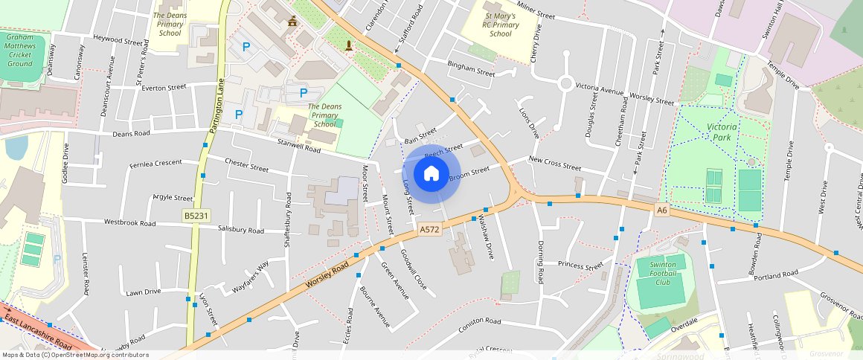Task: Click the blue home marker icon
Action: [431, 174]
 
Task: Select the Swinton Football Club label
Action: [662, 274]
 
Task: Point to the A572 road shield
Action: [429, 230]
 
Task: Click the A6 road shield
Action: [662, 210]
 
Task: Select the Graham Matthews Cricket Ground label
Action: [20, 50]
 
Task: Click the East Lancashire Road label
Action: [37, 332]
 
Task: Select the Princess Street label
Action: [580, 266]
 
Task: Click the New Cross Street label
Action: [554, 164]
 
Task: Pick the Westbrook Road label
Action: [129, 222]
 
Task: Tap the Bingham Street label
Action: [470, 68]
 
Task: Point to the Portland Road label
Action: [775, 275]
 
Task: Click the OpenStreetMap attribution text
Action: [75, 355]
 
